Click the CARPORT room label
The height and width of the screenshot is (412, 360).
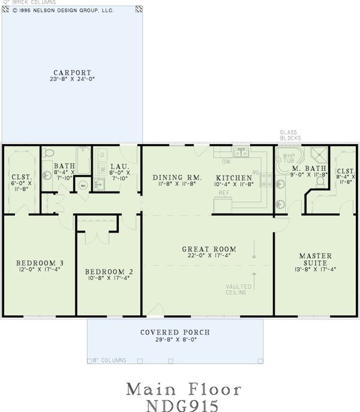click(71, 71)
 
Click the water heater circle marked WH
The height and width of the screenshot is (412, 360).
click(83, 184)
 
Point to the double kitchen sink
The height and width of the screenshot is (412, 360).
click(242, 154)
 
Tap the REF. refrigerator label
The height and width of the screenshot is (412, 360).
click(223, 192)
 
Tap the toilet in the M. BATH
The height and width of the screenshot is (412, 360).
click(321, 180)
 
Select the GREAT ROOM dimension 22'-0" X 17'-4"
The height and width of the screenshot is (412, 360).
click(209, 256)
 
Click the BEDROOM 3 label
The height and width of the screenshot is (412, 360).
click(40, 263)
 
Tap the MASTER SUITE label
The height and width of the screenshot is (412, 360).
click(315, 259)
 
